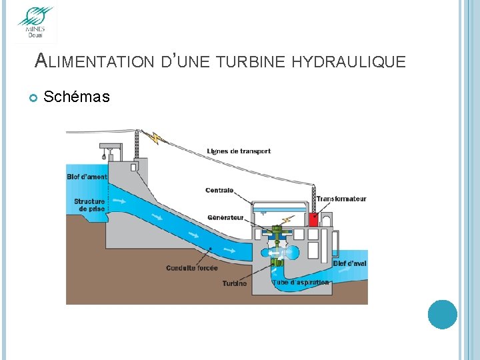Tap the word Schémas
coord(76,97)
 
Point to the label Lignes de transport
coord(239,151)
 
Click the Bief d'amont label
coord(87,177)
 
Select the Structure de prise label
coord(89,205)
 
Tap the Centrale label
coord(219,191)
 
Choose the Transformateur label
coord(341,199)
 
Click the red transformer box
coord(313,221)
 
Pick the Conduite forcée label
coord(191,268)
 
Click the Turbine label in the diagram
coord(234,283)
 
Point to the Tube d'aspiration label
coord(301,283)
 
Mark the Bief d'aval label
coord(349,264)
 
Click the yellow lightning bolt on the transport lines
coord(157,138)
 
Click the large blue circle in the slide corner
coord(442,315)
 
